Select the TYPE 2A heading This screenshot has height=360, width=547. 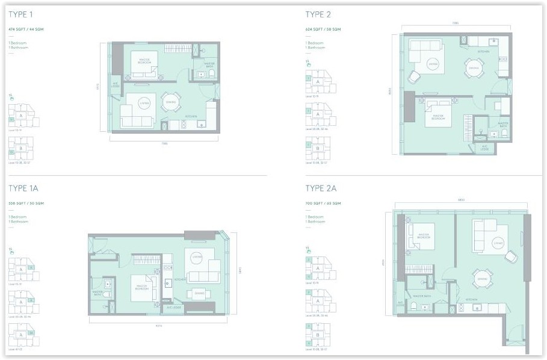[321, 188]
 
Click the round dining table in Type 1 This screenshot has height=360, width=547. [170, 102]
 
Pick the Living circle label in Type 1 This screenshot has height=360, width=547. [144, 102]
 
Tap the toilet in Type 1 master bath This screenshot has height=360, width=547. [211, 73]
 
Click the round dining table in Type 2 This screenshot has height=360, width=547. [472, 68]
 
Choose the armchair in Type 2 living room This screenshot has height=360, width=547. [414, 78]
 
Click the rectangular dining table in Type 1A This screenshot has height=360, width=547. [199, 293]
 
